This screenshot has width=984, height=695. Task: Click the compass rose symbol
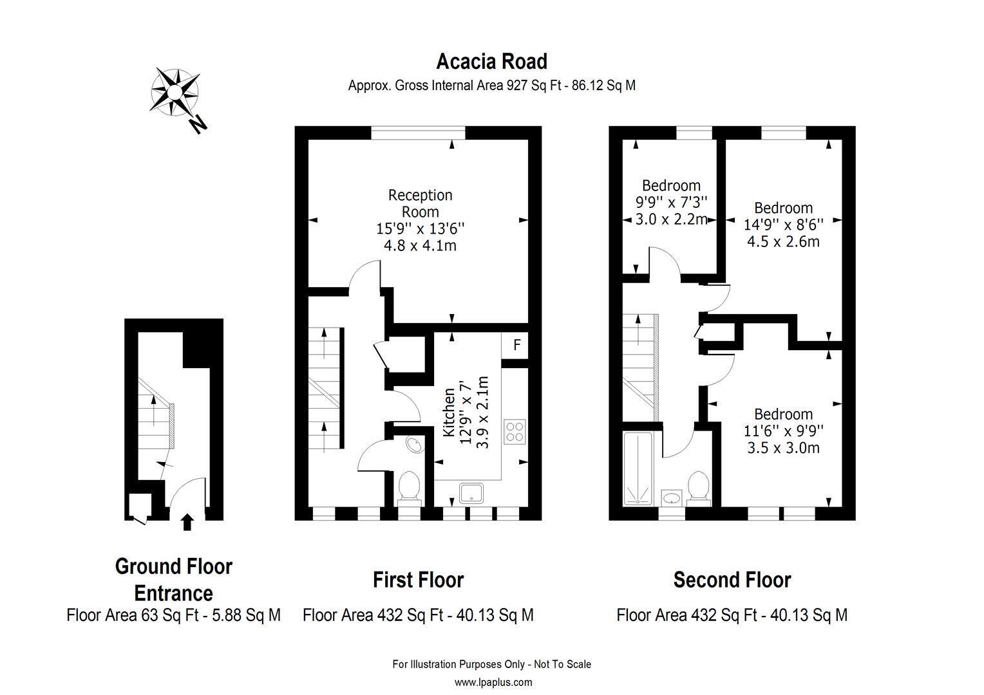pos(175,92)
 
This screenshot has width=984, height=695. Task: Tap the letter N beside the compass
pos(198,125)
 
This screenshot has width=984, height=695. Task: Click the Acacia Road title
pos(491,62)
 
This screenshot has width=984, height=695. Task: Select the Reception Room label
pos(420,203)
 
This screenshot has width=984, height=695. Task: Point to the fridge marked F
pos(515,346)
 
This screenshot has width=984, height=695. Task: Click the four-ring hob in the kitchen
pos(515,432)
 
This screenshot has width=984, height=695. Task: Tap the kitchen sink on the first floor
pos(471,493)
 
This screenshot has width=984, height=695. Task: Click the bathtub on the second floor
pos(638,468)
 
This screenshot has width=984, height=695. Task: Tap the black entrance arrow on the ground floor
pos(187,522)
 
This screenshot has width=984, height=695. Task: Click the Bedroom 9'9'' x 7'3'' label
pos(671,194)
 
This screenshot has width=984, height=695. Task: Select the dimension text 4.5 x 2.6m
pos(783,241)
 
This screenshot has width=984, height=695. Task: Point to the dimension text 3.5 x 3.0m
pos(783,448)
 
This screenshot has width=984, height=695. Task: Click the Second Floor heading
pos(732,580)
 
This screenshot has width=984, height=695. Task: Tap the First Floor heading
pos(418,580)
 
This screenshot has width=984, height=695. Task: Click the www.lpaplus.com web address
pos(493,682)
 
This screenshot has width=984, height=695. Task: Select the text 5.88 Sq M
pos(247,615)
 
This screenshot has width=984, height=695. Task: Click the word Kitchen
pos(448,412)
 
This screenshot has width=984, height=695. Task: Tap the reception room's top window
pos(418,133)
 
